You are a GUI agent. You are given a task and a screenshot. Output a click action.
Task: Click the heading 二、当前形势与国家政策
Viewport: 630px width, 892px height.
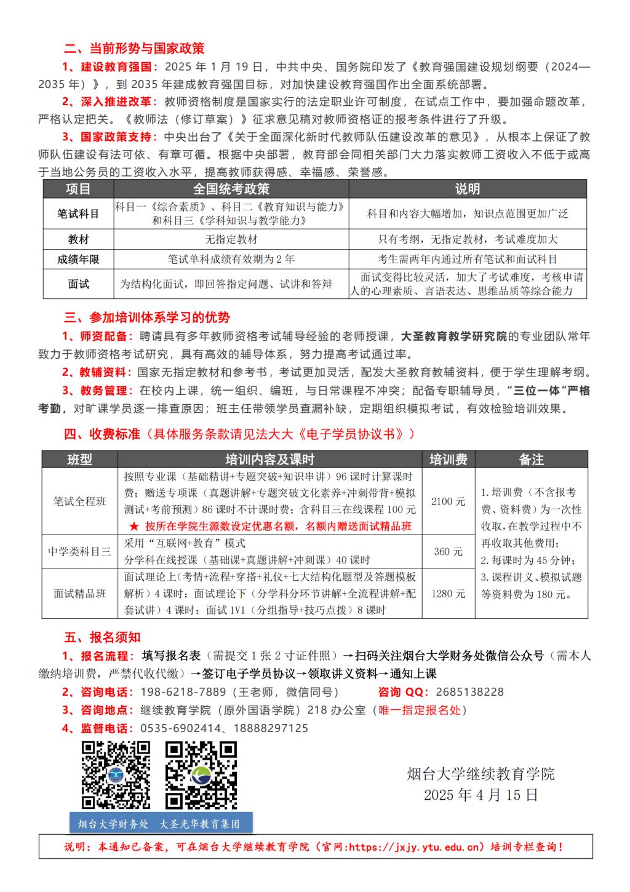(x=134, y=48)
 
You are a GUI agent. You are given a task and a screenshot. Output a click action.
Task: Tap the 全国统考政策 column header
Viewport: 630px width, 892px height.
(x=231, y=189)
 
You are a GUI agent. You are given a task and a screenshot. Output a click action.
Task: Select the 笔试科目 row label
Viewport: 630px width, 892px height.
(x=78, y=214)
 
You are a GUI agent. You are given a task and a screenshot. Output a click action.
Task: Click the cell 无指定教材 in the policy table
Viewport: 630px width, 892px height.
(x=231, y=239)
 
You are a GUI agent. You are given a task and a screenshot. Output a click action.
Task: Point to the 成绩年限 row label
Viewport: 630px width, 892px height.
(x=78, y=260)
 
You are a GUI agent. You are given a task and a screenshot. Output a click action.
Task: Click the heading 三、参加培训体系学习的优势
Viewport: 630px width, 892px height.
(x=147, y=317)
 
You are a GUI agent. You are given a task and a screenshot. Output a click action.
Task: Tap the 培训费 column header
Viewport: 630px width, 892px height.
(x=448, y=460)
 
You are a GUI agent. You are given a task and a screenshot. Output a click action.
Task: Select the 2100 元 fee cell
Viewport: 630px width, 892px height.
(x=448, y=501)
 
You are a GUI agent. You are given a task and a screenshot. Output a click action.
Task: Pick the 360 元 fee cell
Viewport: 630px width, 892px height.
(x=448, y=552)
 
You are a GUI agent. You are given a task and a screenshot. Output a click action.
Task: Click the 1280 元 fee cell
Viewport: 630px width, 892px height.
(x=448, y=594)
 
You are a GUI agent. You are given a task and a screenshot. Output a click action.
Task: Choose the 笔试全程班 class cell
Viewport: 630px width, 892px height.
(x=80, y=501)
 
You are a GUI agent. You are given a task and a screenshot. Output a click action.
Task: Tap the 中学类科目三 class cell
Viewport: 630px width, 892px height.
(x=80, y=552)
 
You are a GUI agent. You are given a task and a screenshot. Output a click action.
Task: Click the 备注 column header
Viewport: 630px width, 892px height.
(x=532, y=460)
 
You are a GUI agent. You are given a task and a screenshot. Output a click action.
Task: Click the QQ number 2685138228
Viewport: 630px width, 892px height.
(x=469, y=692)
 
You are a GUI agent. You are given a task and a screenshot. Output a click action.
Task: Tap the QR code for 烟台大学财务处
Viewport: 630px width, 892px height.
(x=116, y=775)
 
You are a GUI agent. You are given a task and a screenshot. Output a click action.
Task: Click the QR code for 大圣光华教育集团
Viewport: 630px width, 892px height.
(x=201, y=775)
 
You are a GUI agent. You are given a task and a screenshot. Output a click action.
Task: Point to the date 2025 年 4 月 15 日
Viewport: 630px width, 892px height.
(x=480, y=795)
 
